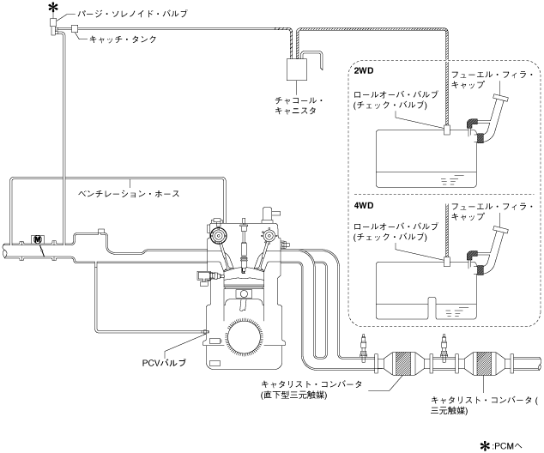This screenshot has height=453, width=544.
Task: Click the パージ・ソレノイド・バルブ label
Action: coord(132,15)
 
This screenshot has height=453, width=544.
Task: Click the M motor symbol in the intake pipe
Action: coord(37,238)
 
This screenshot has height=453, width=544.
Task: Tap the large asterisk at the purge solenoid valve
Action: coord(53,9)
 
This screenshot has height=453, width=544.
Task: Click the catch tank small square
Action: coord(76,29)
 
